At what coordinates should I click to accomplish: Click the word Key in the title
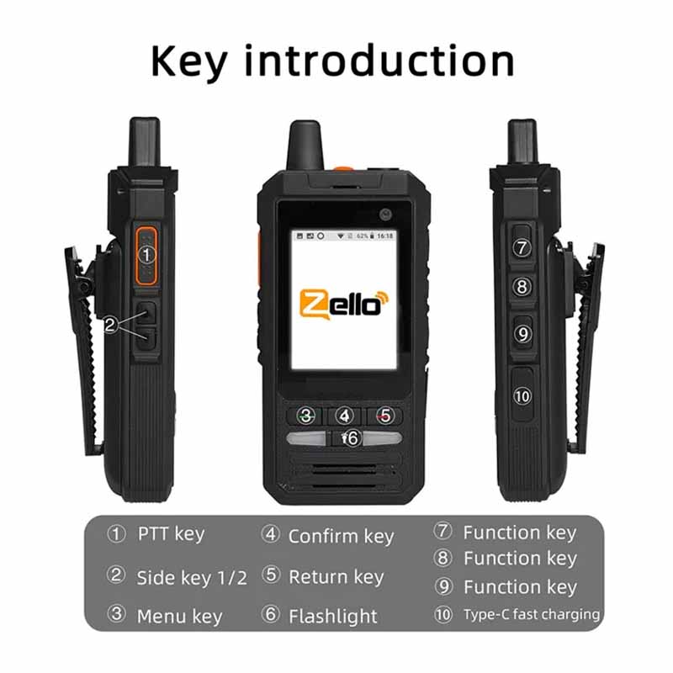tap(188, 62)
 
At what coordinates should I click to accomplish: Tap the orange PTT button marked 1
tap(146, 256)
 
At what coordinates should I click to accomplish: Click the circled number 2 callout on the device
tap(110, 325)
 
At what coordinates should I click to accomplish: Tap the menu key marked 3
tap(306, 416)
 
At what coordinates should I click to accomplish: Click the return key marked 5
tap(384, 416)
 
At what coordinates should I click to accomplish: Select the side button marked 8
tap(522, 287)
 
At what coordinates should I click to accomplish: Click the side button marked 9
tap(522, 333)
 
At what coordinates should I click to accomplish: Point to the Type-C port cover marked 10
tap(522, 395)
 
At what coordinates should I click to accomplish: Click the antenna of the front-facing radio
tap(305, 146)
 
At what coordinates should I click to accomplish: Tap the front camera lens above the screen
tap(385, 215)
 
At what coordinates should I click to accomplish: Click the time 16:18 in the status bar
tap(385, 236)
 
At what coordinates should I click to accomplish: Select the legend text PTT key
tap(171, 535)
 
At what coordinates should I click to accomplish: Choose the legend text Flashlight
tap(333, 617)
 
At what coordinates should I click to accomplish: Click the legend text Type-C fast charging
tap(532, 615)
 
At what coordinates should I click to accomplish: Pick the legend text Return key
tap(336, 577)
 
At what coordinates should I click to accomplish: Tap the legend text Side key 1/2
tap(192, 578)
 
